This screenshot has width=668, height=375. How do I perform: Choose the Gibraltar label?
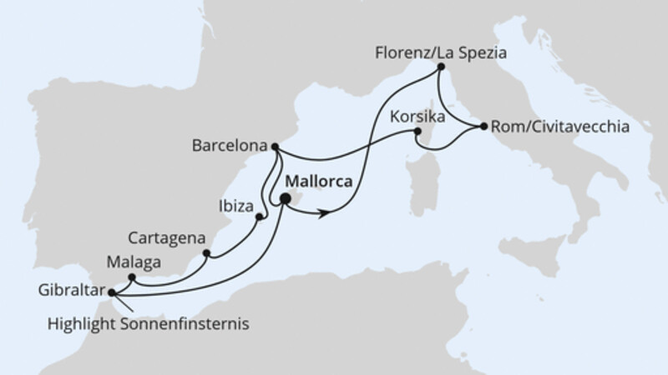coord(72,292)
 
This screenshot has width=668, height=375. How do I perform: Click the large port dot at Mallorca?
coord(286,198)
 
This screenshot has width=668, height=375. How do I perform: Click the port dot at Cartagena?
coord(206,253)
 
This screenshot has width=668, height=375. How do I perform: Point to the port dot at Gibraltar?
coord(112,292)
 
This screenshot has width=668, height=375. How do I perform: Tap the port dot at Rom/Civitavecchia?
coord(483,127)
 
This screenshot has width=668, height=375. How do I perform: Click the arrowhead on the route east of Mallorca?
coord(322,213)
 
